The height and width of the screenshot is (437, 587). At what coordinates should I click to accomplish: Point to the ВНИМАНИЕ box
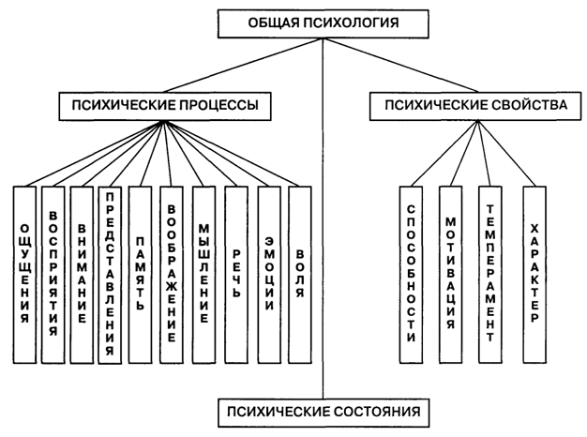(83, 274)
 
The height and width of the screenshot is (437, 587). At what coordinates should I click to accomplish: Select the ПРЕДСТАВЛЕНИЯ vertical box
(111, 274)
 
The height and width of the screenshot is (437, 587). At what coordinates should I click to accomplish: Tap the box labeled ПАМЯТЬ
(140, 274)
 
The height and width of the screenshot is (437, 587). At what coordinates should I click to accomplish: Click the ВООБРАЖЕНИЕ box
(172, 274)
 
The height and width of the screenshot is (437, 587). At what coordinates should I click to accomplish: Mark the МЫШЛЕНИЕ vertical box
(204, 274)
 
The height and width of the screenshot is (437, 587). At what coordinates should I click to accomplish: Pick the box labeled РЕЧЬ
(235, 274)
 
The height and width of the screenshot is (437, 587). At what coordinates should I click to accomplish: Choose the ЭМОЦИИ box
(268, 274)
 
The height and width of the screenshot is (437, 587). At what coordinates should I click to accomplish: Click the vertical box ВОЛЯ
(299, 274)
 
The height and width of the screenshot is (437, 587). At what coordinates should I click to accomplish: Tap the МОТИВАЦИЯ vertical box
(451, 274)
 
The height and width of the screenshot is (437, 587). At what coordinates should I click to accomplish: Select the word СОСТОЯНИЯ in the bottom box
(369, 411)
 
